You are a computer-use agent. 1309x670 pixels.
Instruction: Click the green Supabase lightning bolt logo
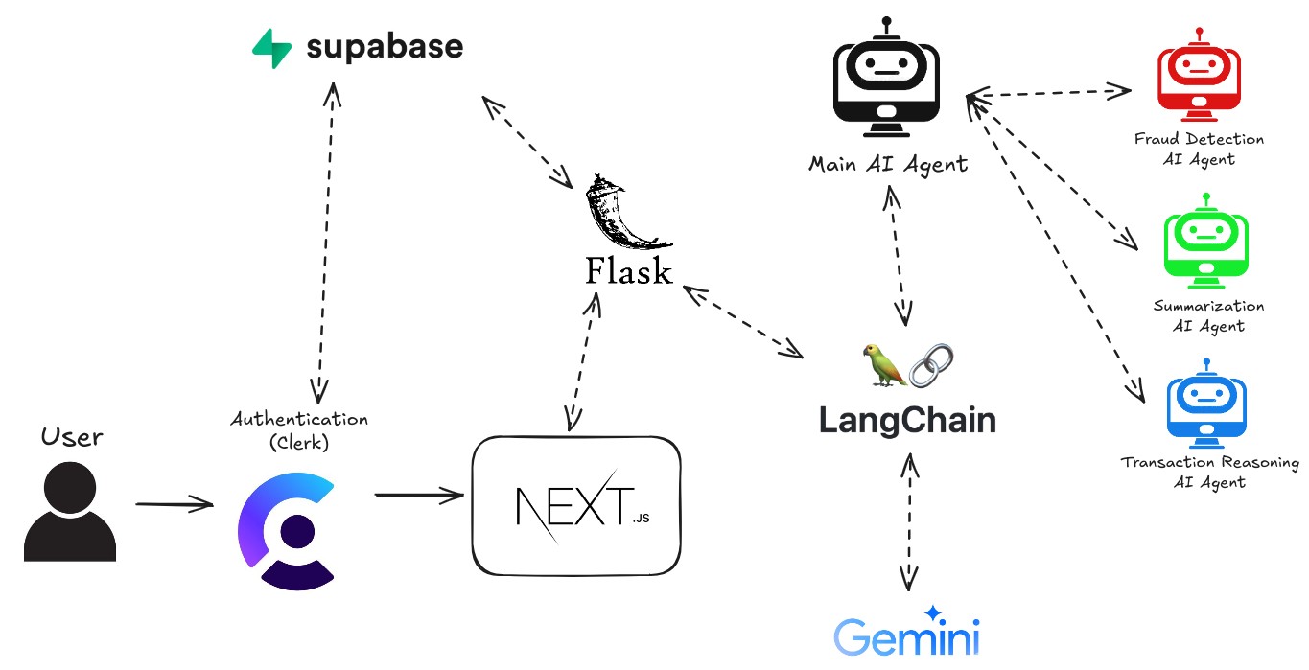tap(271, 48)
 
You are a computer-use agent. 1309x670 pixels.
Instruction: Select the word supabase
tap(385, 47)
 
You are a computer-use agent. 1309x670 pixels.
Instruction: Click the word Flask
tap(628, 271)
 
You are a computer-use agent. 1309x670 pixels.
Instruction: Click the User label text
tap(72, 437)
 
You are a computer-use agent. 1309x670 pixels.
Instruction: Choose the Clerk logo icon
tap(286, 530)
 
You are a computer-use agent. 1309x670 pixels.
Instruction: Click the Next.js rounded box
tap(576, 505)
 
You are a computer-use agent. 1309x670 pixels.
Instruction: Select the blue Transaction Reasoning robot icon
tap(1206, 405)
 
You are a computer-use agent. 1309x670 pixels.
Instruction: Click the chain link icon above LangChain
tap(931, 365)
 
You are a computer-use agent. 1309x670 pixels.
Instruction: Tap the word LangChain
tap(906, 420)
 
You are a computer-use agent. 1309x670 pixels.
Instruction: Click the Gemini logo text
tap(906, 636)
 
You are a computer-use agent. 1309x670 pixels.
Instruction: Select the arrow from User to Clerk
tap(174, 503)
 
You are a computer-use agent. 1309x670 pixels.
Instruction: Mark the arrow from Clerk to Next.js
tap(419, 496)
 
